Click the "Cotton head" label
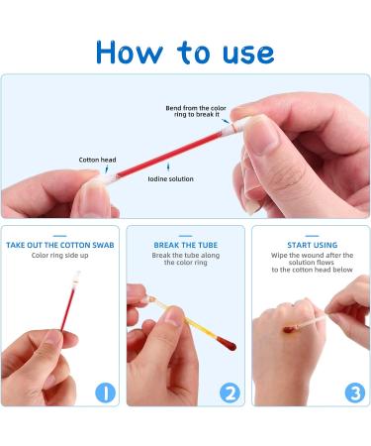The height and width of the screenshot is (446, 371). tap(97, 159)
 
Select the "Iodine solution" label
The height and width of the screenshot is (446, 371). tap(172, 178)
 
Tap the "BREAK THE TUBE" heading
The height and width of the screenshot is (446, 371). tap(185, 244)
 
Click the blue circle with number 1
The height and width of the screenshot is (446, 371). tap(106, 392)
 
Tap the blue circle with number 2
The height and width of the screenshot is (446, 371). tap(230, 392)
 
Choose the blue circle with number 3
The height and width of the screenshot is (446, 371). tap(353, 392)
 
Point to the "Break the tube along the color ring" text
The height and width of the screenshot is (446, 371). tap(185, 260)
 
